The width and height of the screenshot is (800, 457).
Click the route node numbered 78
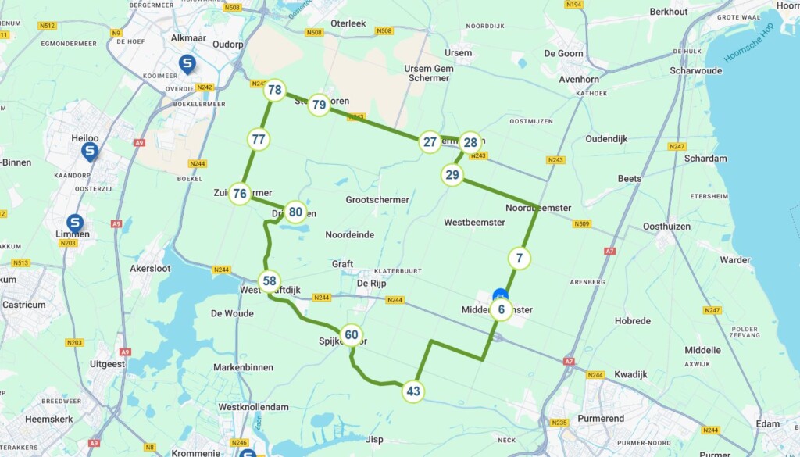(274, 90)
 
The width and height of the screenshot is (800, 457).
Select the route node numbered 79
(319, 105)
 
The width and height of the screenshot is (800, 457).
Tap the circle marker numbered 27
(430, 141)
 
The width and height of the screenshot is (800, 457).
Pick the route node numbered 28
(470, 141)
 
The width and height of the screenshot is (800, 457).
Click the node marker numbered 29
(452, 174)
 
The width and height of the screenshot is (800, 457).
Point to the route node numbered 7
(520, 257)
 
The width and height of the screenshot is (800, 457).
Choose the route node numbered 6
(502, 310)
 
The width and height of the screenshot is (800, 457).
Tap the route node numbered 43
(413, 391)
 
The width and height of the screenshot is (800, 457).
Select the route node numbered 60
(352, 335)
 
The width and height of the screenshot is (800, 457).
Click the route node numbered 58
(270, 280)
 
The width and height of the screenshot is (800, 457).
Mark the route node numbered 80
(295, 211)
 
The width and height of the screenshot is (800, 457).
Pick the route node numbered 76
(240, 194)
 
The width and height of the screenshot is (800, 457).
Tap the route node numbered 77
(259, 140)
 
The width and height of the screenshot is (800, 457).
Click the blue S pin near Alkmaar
(187, 63)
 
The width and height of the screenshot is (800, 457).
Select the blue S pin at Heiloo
(90, 151)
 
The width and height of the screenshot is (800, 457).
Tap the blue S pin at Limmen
(75, 223)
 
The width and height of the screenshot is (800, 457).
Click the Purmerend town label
(601, 419)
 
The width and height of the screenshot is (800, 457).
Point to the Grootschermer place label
(377, 200)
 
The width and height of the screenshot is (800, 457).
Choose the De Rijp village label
(372, 283)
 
